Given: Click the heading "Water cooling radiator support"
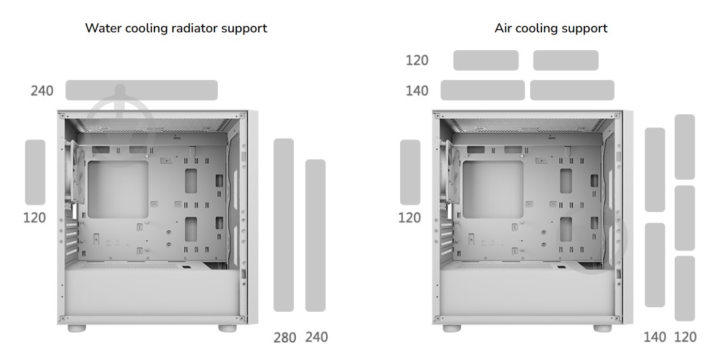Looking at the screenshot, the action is pos(176,28).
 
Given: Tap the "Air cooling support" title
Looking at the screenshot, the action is pos(551,28).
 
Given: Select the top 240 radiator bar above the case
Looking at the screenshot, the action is pos(141,90).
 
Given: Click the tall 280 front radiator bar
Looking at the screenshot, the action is pos(284,225).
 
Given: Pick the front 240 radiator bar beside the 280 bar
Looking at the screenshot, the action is pos(316,236).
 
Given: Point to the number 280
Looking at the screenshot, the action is pos(285,338).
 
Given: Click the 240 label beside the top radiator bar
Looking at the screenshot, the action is pos(42,90).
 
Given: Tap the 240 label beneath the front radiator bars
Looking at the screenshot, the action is pos(316,337).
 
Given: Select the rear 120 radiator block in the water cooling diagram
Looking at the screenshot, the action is pos(35,172).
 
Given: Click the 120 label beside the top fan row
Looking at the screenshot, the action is pos(417,60).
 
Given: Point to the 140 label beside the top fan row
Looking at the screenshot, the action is pos(417,90).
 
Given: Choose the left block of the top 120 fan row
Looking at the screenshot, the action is pos(486,61).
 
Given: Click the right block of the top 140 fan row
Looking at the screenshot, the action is pos(572,90).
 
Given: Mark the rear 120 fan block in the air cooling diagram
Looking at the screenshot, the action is pos(410,172).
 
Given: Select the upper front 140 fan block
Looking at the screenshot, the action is pos(655,170).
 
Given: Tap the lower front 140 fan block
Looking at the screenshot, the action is pos(655,265).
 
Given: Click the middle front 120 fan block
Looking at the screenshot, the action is pos(685,218).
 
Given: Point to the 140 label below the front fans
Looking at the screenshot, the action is pos(655,338).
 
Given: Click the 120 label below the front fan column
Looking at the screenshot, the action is pos(685,338).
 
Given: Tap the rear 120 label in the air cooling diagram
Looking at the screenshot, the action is pos(409,217).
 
